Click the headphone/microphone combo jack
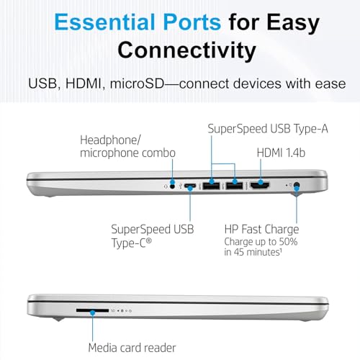click(172, 186)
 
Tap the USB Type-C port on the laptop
click(190, 186)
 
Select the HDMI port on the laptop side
click(260, 186)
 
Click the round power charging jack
click(297, 186)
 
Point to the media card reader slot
click(92, 310)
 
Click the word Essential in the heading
click(104, 22)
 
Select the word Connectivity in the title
click(186, 50)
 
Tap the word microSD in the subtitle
click(137, 84)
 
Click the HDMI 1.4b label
click(281, 153)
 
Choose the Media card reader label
click(132, 348)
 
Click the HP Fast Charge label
click(261, 229)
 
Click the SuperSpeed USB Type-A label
click(268, 129)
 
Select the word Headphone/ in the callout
click(110, 140)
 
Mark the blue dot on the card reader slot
click(93, 312)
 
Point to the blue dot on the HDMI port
click(261, 182)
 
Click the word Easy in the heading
click(293, 22)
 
